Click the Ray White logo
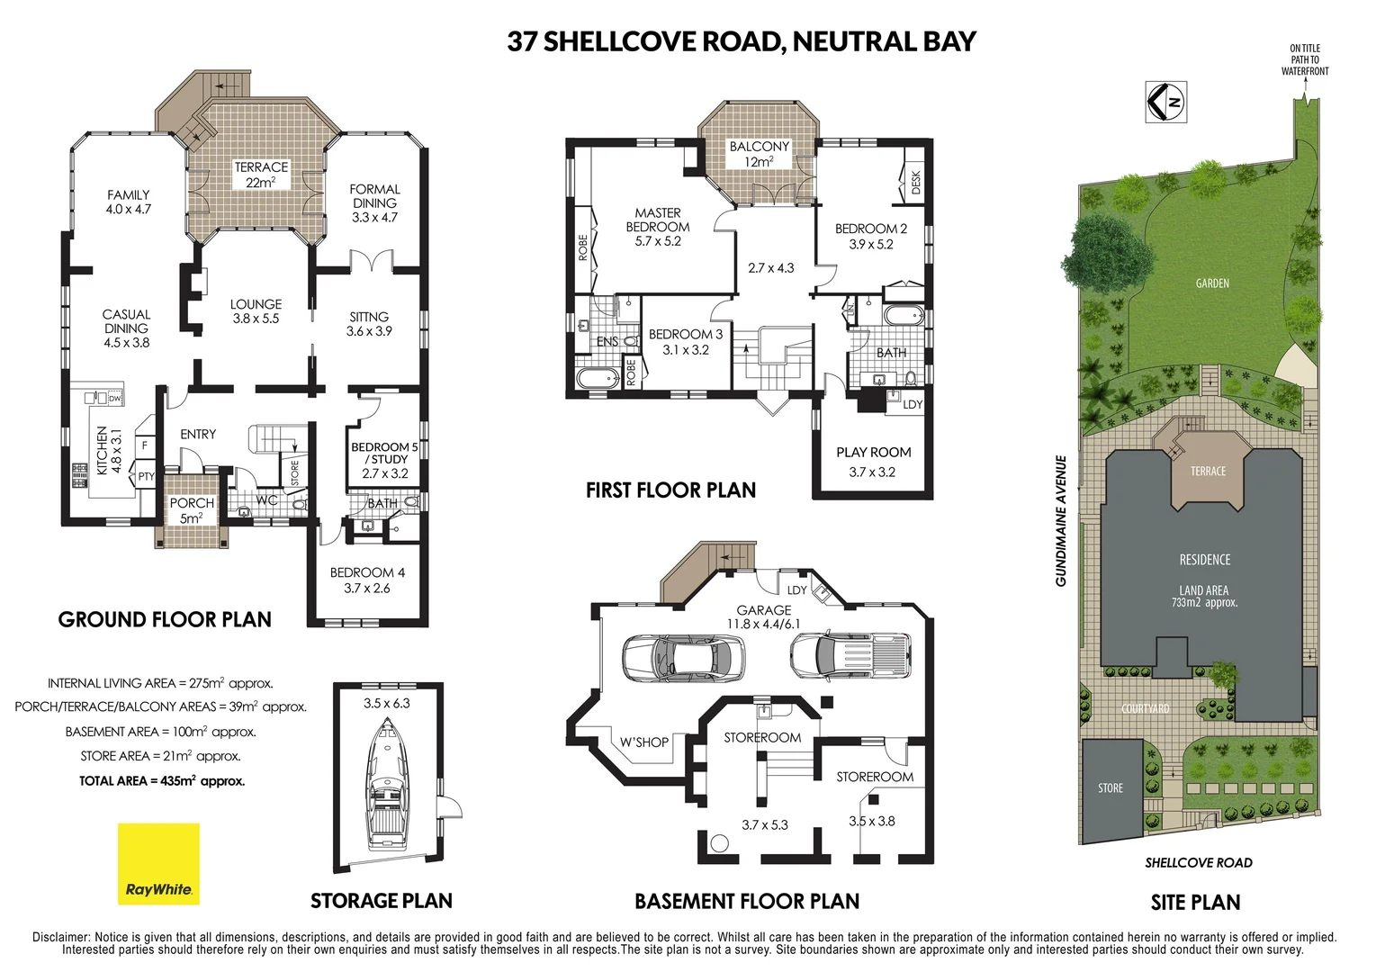coord(158,863)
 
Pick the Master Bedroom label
coord(658,227)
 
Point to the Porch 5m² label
coord(192,510)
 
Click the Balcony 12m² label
coord(759,154)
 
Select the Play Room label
coord(873,461)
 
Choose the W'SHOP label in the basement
coord(643,742)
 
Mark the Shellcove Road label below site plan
coord(1198,862)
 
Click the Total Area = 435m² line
coord(162,781)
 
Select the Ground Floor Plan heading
coord(165,619)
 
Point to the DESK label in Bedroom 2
coord(916,184)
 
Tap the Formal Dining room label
coord(374,202)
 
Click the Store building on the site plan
coord(1111,787)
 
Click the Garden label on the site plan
coord(1212,283)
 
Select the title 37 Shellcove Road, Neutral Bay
coord(741,41)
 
